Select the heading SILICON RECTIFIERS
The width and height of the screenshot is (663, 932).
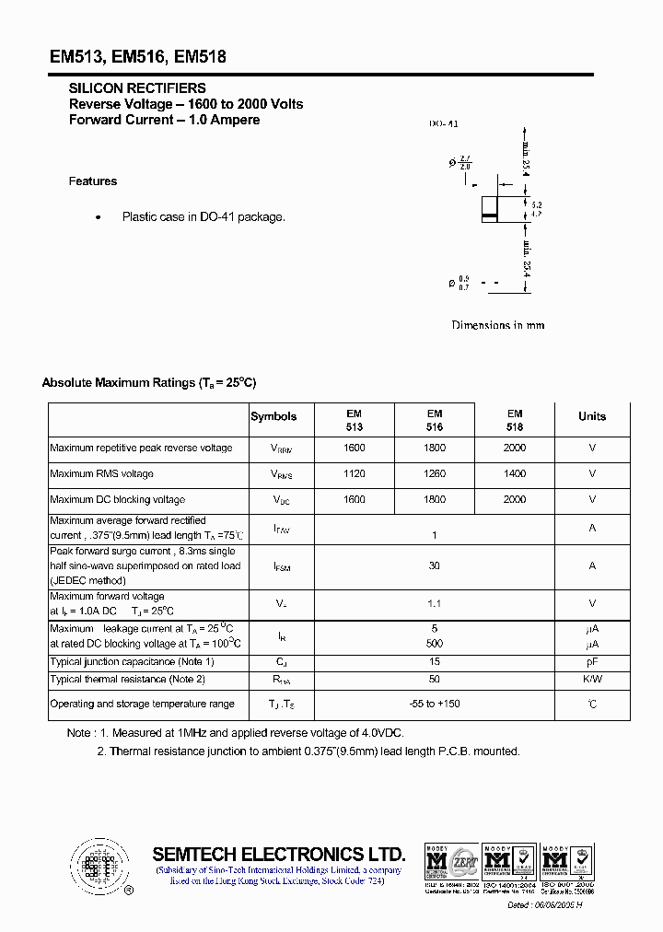[137, 88]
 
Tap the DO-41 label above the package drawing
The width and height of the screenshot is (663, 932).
[443, 124]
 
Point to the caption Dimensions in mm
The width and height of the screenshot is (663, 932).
[497, 325]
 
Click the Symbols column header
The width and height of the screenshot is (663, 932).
[273, 416]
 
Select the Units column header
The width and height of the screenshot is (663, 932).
[592, 416]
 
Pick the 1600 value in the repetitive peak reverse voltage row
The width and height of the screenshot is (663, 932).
[355, 449]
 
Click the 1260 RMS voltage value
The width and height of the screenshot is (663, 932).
[435, 474]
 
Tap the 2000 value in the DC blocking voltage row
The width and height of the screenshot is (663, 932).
[515, 499]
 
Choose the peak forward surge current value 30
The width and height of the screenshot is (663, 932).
[435, 565]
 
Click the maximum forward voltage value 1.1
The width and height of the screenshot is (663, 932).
[435, 603]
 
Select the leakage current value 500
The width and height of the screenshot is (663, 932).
[435, 644]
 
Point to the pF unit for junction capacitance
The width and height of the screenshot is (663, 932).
[592, 662]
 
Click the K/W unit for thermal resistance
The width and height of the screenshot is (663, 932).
[592, 680]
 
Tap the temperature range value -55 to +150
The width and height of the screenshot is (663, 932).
[435, 705]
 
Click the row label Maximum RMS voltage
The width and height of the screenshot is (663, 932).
[102, 474]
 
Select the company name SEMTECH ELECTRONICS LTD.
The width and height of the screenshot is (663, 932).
[278, 853]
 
